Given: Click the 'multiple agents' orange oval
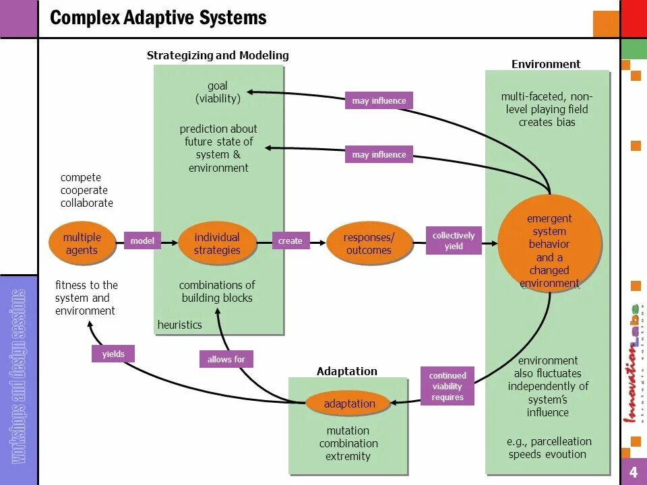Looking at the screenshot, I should (x=82, y=244).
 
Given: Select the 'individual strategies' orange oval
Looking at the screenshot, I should (x=217, y=244).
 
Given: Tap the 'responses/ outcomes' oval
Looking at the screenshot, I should (x=368, y=244).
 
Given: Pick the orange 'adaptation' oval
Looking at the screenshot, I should (x=349, y=403).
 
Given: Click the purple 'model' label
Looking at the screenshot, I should (x=142, y=240).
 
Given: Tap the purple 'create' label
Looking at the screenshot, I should (x=290, y=240).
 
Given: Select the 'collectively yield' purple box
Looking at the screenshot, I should (x=454, y=240).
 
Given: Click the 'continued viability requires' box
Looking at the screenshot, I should (x=448, y=387).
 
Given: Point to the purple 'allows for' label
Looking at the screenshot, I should (x=226, y=359).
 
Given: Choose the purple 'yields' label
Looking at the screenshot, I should (x=113, y=354).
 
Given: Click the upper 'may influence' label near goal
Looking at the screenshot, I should (x=379, y=101).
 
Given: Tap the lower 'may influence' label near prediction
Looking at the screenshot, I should (x=379, y=155).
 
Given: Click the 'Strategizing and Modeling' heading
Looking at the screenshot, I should (x=218, y=55).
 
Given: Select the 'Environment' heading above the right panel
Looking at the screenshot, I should (x=546, y=64).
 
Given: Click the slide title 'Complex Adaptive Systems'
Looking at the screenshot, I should (x=158, y=18).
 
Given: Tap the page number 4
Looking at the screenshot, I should (x=634, y=472).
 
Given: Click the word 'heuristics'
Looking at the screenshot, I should (x=180, y=325).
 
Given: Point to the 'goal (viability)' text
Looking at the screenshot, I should (x=218, y=92).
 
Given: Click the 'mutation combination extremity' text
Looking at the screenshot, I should (x=348, y=443).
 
